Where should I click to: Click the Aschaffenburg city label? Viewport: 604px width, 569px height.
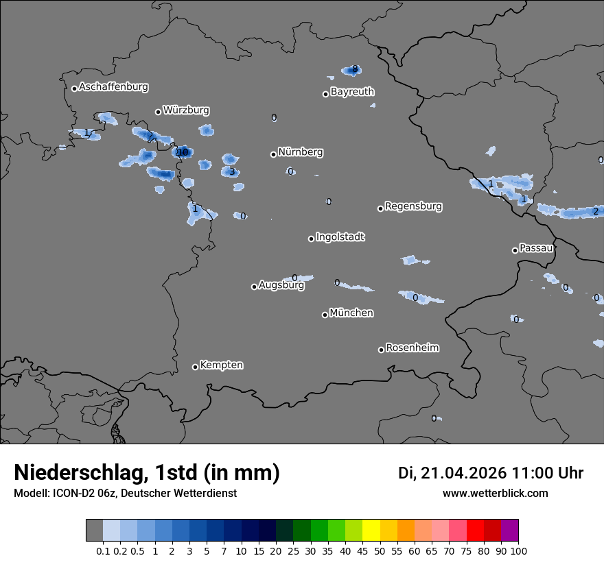113,87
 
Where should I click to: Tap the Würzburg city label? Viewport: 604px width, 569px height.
186,110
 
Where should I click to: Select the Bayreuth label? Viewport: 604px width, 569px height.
352,92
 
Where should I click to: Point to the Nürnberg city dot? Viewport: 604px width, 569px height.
273,154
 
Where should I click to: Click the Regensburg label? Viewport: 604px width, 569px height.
413,206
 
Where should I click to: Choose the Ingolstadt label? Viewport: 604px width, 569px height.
340,237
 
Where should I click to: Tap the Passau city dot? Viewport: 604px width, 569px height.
515,250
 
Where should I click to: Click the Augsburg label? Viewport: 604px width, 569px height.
281,285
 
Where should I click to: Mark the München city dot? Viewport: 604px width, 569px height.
325,315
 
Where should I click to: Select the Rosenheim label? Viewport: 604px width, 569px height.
412,348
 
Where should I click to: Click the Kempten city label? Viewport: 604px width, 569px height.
221,365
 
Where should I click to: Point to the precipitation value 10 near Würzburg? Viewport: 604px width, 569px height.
183,152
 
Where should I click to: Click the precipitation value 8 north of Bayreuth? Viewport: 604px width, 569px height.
354,69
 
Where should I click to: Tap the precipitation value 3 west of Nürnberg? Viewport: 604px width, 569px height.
232,171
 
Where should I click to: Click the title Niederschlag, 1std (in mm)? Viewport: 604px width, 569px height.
147,472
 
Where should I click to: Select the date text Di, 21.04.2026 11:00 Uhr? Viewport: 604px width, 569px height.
491,473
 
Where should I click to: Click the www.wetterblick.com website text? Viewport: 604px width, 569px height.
495,493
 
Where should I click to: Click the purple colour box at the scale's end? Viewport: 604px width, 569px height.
510,531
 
